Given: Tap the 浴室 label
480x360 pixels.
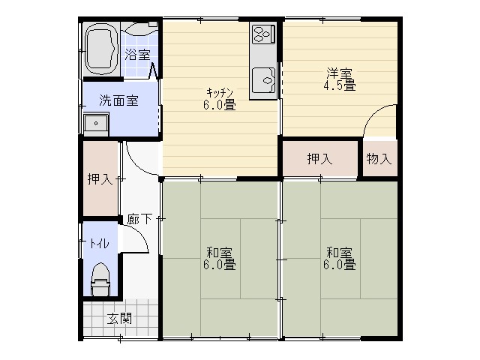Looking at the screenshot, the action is (137, 55).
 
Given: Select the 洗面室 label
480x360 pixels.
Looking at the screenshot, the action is (118, 100).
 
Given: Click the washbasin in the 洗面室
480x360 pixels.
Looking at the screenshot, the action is (96, 124).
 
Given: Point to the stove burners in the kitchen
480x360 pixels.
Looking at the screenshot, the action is (262, 34).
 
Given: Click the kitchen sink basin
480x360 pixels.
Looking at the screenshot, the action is (263, 80).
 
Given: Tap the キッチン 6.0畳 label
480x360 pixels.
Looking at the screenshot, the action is (220, 99).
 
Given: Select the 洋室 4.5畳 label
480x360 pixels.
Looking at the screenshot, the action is (340, 79).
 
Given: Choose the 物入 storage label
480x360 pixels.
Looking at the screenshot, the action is (379, 159).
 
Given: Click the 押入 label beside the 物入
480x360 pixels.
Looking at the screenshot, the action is (319, 159).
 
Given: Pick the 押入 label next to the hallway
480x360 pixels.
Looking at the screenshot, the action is (100, 179).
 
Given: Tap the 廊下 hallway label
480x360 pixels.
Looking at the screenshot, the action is (139, 219).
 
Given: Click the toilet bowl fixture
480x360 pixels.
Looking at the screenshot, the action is (100, 280).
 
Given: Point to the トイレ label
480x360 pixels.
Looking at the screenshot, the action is (99, 244).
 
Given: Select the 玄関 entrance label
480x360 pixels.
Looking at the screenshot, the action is (120, 319).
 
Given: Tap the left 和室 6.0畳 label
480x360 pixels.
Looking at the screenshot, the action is (220, 259).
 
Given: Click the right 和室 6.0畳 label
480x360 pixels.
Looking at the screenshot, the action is (340, 259).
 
